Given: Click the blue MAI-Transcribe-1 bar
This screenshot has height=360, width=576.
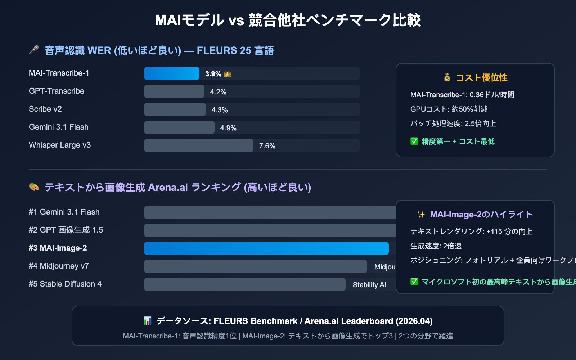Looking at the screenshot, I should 171,73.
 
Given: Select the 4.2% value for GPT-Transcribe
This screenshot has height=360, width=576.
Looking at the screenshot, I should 218,92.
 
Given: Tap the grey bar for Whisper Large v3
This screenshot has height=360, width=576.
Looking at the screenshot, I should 198,145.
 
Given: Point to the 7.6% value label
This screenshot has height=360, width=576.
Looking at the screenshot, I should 267,146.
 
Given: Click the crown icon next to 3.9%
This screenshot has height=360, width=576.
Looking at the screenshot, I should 228,74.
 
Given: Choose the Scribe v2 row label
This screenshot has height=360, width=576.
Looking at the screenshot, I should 45,109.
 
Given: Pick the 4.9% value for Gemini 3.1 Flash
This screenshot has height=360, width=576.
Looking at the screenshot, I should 228,128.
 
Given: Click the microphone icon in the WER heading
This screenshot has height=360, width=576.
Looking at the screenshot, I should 34,50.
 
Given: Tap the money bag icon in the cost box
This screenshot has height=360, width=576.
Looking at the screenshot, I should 447,77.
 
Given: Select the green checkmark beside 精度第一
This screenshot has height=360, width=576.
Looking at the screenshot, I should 414,141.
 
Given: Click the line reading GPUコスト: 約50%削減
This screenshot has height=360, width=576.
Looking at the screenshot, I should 449,109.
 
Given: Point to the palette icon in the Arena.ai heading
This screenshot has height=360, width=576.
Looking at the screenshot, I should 34,187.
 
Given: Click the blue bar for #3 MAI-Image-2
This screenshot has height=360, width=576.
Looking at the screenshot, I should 266,248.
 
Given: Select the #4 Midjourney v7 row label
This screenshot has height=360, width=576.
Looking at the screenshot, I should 59,266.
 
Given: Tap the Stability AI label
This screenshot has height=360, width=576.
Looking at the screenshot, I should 369,285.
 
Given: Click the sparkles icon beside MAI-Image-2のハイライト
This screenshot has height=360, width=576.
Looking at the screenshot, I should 421,215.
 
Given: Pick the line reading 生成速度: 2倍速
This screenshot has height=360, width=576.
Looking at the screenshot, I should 436,246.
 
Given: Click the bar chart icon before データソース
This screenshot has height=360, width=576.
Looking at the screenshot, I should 148,321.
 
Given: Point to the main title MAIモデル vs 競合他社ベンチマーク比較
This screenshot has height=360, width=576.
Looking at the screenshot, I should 288,20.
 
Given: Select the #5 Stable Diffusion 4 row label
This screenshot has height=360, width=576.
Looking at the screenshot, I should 65,284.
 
